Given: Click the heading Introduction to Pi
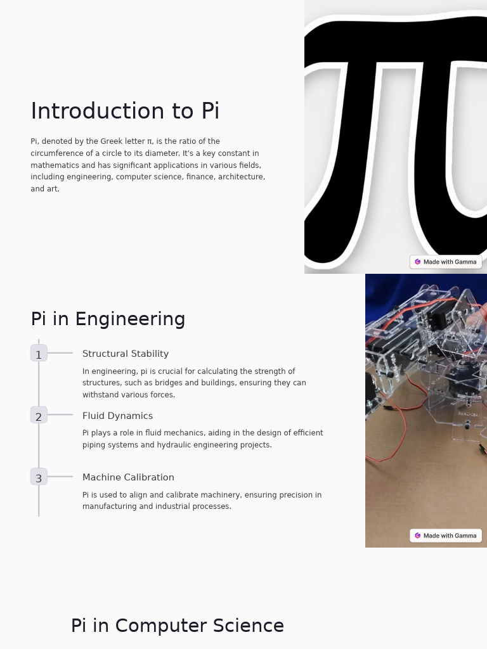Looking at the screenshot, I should click(125, 112).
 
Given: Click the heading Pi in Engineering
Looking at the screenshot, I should click(108, 319).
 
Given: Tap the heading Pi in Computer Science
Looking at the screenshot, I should click(177, 626).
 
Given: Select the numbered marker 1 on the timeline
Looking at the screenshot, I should click(39, 354).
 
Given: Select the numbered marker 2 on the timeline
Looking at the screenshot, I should click(39, 416).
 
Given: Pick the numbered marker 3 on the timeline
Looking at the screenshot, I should click(39, 478).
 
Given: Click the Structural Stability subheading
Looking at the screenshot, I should click(126, 354).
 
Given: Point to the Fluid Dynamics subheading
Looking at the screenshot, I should click(117, 416).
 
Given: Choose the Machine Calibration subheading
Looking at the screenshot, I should click(128, 478).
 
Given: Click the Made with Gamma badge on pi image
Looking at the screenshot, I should click(446, 262).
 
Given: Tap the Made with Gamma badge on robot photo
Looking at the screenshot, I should click(446, 536).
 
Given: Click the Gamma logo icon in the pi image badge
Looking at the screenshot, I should click(418, 262).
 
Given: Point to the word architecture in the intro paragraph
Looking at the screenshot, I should click(240, 177).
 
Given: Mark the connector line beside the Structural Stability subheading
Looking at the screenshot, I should click(60, 353).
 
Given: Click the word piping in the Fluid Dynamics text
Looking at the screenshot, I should click(94, 445).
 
